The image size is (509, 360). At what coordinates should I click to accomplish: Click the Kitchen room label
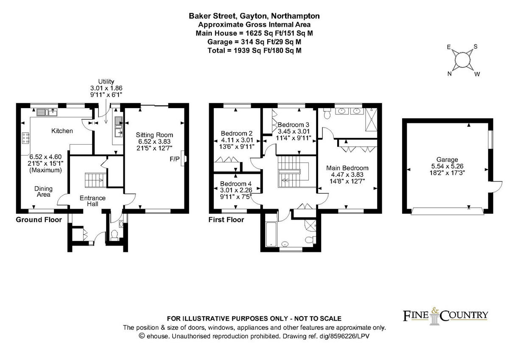click(x=62, y=131)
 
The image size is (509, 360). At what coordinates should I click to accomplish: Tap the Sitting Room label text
click(x=154, y=135)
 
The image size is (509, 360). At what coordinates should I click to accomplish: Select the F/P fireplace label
click(x=174, y=159)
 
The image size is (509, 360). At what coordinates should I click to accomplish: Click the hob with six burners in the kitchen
click(x=26, y=138)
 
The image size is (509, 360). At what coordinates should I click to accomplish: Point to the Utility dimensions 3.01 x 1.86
click(x=106, y=88)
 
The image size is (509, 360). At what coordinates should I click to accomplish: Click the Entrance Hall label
click(x=92, y=201)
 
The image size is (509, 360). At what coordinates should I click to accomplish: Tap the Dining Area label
click(x=43, y=192)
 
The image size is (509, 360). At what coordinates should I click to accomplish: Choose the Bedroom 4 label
click(x=236, y=184)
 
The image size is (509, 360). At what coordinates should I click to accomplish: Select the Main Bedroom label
click(x=347, y=168)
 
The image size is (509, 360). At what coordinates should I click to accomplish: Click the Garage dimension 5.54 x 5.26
click(x=447, y=166)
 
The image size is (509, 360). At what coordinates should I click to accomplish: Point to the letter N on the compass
click(x=450, y=74)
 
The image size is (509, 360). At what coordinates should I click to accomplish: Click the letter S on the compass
click(x=475, y=47)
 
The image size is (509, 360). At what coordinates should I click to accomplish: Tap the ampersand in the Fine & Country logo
click(x=434, y=310)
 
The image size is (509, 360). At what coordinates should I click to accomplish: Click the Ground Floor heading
click(x=39, y=220)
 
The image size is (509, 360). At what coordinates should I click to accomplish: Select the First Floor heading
click(x=227, y=220)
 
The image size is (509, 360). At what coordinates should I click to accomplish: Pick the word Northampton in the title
click(x=295, y=16)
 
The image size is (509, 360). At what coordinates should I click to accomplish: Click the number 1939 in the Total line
click(x=242, y=50)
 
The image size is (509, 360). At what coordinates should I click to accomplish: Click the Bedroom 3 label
click(x=294, y=125)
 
